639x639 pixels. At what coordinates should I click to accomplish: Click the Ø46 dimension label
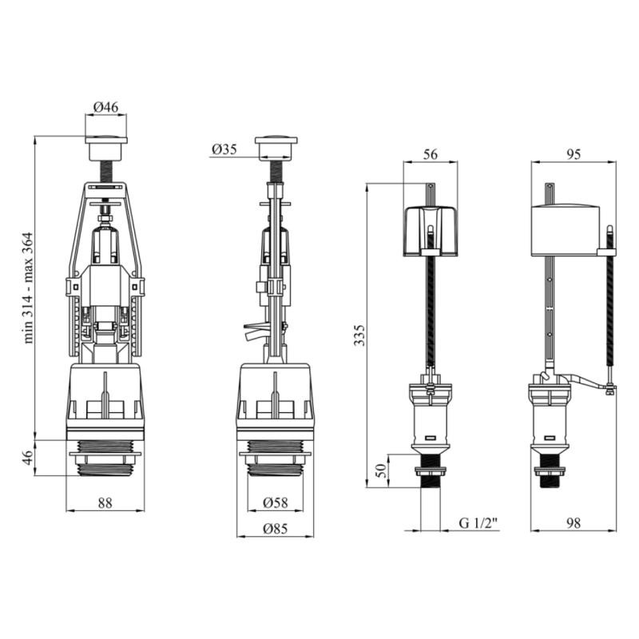[105, 107]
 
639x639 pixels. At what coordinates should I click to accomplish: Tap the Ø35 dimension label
[224, 149]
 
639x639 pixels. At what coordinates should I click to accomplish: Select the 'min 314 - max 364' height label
[28, 288]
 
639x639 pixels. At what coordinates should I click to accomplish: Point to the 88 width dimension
[105, 503]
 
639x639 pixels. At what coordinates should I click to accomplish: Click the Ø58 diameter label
[276, 502]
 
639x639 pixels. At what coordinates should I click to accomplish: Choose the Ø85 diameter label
[276, 529]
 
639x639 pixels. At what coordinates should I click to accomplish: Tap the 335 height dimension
[359, 335]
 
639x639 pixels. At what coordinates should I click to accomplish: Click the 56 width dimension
[430, 154]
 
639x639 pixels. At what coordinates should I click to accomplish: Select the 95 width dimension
[573, 154]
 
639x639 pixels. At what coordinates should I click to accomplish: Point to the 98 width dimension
[573, 523]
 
